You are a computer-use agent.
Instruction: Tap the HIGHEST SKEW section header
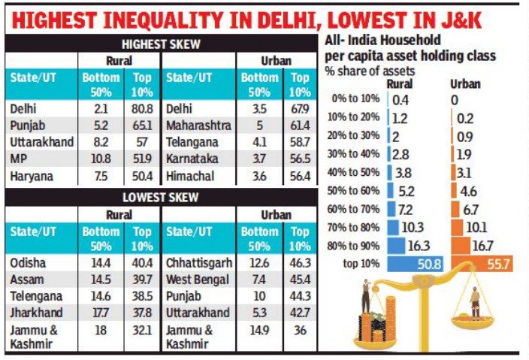pos(162,44)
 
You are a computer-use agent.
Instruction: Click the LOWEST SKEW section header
pos(162,198)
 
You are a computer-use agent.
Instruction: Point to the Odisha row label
pos(29,263)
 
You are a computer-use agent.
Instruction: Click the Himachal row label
pos(190,176)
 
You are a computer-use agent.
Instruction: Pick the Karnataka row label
pos(192,159)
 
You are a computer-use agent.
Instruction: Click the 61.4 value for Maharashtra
pos(301,125)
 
